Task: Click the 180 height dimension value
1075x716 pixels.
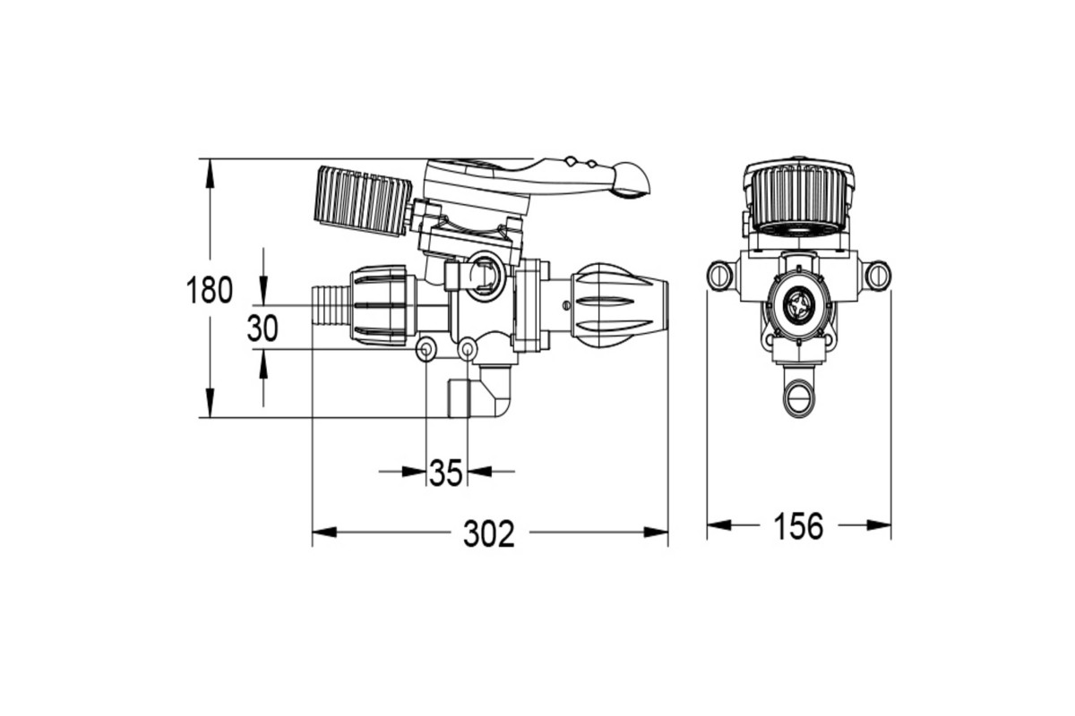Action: [x=210, y=290]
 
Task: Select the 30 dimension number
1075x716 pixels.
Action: [x=262, y=328]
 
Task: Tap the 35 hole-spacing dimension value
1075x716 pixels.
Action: [x=446, y=473]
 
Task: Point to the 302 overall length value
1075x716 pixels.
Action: [x=489, y=533]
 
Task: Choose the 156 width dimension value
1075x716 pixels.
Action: [x=798, y=526]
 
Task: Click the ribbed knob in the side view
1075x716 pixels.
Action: [x=363, y=200]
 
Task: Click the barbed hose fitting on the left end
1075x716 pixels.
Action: [x=331, y=305]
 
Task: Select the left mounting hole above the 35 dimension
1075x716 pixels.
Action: [x=426, y=349]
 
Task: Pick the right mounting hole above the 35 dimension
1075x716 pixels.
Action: [x=468, y=349]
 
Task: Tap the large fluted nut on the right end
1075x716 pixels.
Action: [x=620, y=305]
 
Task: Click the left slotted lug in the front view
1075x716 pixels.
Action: [x=720, y=276]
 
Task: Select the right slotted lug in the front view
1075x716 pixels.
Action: [x=878, y=276]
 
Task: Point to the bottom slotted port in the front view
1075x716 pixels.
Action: [x=798, y=397]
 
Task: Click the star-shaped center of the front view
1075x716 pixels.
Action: [x=798, y=305]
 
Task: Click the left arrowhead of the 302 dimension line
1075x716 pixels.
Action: [x=324, y=533]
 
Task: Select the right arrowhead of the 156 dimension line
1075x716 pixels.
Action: [x=879, y=525]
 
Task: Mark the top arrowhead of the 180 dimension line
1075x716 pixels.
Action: [x=210, y=172]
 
